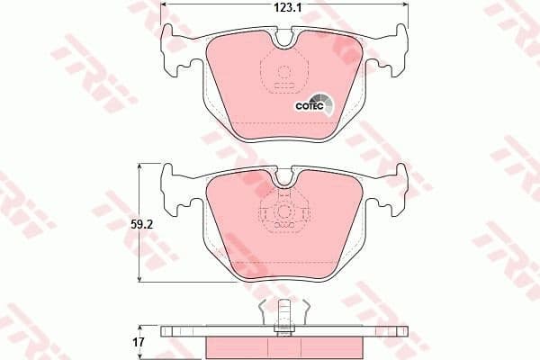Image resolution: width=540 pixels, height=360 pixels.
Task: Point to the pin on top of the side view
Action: [285, 311]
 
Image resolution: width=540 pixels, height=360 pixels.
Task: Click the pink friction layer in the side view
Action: [285, 346]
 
